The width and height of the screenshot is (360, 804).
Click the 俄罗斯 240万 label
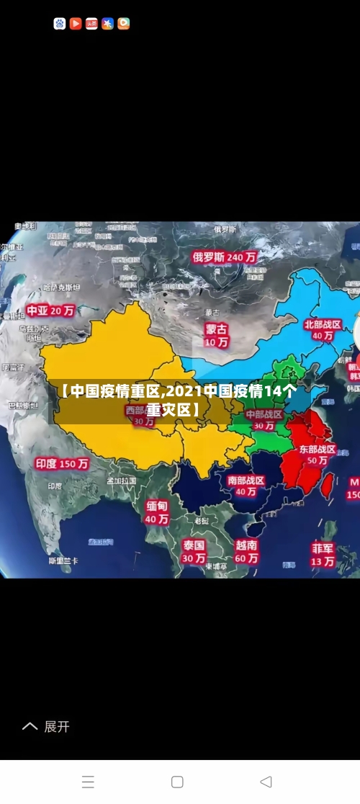(x=224, y=256)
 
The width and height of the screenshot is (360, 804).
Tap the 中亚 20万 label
(x=50, y=311)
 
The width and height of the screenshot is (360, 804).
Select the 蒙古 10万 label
(x=216, y=335)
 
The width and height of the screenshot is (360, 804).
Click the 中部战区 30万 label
(x=264, y=420)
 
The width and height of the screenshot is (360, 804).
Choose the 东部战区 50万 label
(x=318, y=454)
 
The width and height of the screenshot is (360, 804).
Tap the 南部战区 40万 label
(x=246, y=486)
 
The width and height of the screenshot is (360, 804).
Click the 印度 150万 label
(x=62, y=464)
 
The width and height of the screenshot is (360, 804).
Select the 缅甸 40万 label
(x=157, y=512)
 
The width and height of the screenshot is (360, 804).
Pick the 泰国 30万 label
(x=193, y=551)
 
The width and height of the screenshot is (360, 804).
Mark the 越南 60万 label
(x=246, y=552)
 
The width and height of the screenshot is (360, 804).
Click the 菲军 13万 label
(x=323, y=554)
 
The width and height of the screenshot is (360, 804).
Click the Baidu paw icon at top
(x=60, y=24)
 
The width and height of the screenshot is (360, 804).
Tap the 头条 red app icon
(x=91, y=24)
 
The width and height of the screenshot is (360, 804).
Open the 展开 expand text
(x=57, y=726)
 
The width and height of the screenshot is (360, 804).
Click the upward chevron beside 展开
(x=30, y=726)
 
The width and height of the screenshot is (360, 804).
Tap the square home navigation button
(x=177, y=782)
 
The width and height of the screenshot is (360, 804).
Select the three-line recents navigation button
(x=88, y=782)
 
